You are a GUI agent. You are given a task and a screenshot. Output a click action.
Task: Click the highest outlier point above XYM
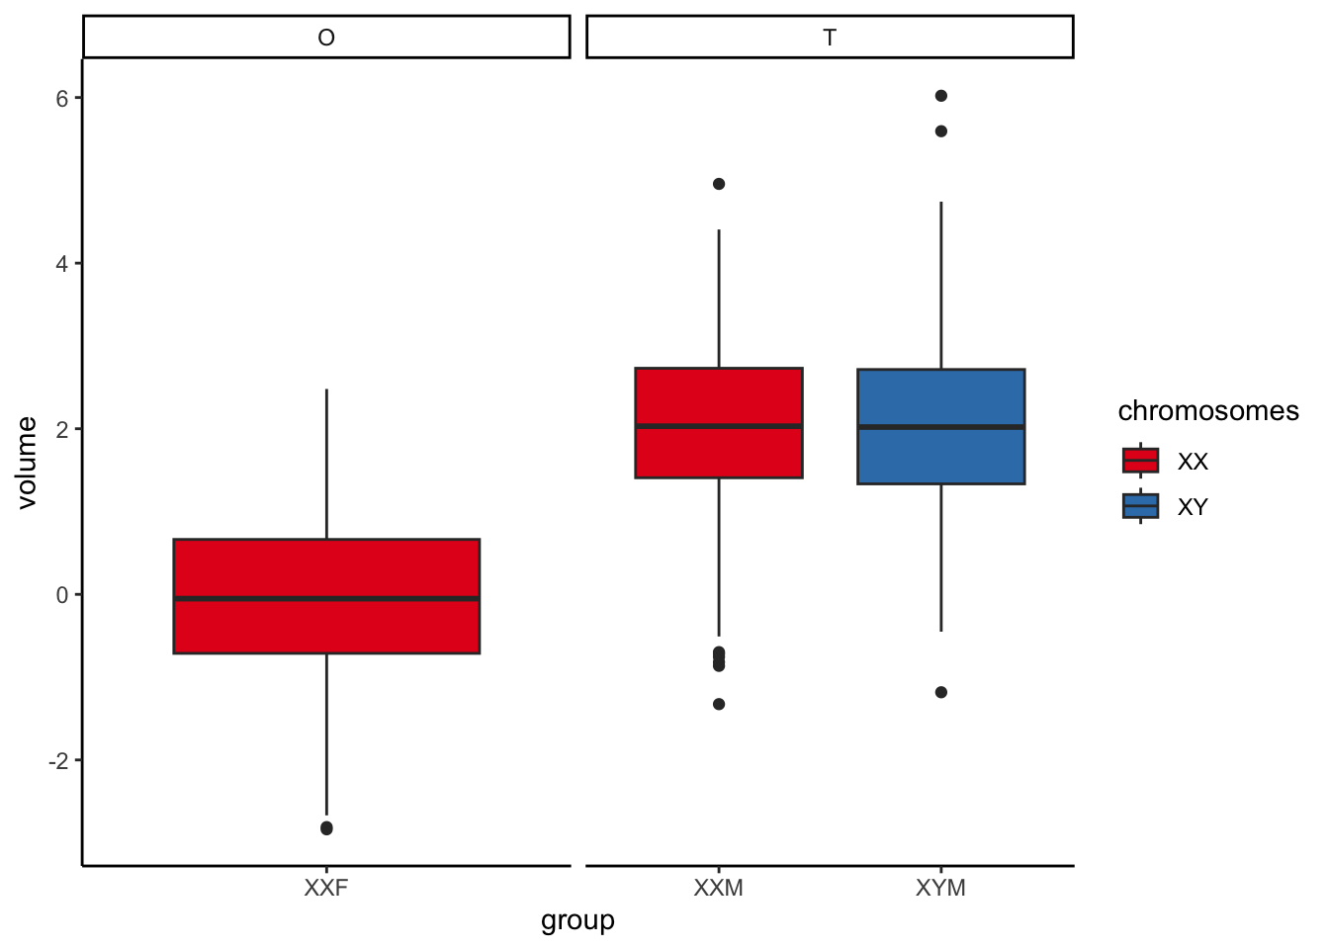[941, 96]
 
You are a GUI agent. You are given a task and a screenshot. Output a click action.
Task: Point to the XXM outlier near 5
[719, 184]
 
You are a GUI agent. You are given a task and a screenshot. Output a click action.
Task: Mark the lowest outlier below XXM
[719, 704]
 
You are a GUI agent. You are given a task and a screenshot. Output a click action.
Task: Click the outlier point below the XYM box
[941, 692]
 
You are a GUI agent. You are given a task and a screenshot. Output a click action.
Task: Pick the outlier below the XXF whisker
[326, 828]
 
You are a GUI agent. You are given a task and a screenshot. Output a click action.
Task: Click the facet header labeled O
[326, 38]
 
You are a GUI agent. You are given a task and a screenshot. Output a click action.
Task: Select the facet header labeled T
[830, 38]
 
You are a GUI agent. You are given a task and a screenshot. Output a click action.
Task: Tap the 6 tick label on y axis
[62, 98]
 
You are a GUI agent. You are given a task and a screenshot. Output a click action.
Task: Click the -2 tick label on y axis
[57, 760]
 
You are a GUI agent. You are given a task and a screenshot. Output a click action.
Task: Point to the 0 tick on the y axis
[62, 595]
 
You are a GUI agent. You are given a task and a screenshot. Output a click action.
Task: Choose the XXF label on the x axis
[326, 888]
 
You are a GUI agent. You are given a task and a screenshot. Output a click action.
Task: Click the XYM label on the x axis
[940, 888]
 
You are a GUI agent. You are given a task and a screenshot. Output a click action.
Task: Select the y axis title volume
[27, 463]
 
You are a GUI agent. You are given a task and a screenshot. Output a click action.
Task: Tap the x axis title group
[577, 921]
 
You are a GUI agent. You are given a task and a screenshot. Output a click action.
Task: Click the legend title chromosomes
[1207, 411]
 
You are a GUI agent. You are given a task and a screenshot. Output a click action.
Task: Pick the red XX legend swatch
[1140, 461]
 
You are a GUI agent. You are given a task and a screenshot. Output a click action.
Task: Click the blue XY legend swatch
[1140, 506]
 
